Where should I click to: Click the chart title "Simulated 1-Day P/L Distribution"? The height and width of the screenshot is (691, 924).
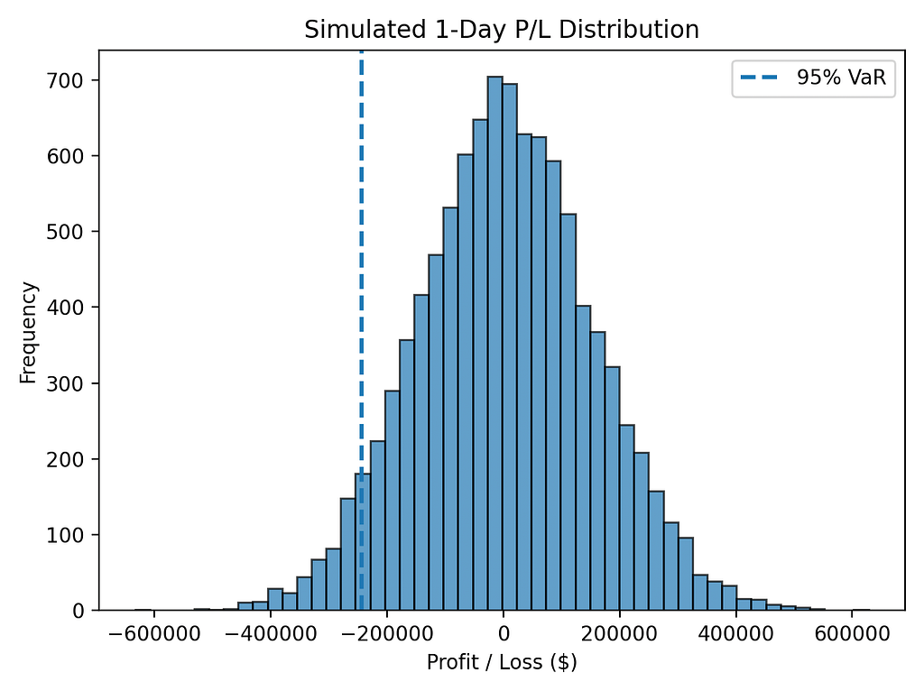pyautogui.click(x=502, y=30)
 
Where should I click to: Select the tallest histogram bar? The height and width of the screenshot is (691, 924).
pyautogui.click(x=495, y=344)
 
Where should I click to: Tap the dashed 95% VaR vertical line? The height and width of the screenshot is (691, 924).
pyautogui.click(x=361, y=330)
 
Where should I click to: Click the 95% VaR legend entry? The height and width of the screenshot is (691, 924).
pyautogui.click(x=813, y=78)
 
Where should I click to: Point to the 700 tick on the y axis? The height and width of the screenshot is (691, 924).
pyautogui.click(x=65, y=80)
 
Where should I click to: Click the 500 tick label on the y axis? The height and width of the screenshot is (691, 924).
pyautogui.click(x=65, y=232)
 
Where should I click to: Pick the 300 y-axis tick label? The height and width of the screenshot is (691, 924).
pyautogui.click(x=65, y=383)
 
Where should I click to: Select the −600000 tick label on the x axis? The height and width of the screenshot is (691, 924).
pyautogui.click(x=153, y=634)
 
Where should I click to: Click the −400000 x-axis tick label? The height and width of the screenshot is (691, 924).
pyautogui.click(x=271, y=634)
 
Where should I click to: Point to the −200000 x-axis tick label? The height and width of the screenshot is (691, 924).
pyautogui.click(x=386, y=634)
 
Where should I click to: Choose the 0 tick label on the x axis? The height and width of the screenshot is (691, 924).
pyautogui.click(x=504, y=634)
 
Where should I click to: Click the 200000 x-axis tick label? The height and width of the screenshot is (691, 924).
pyautogui.click(x=619, y=634)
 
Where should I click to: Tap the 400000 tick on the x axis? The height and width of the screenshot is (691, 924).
pyautogui.click(x=736, y=634)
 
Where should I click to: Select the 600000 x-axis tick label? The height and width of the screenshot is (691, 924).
pyautogui.click(x=852, y=634)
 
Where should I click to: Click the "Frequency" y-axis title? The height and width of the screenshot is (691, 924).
pyautogui.click(x=28, y=333)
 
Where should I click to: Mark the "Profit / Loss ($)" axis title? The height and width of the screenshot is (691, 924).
pyautogui.click(x=502, y=663)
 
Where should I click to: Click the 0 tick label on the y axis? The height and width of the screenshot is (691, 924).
pyautogui.click(x=79, y=611)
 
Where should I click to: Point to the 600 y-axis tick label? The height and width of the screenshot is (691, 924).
pyautogui.click(x=65, y=156)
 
